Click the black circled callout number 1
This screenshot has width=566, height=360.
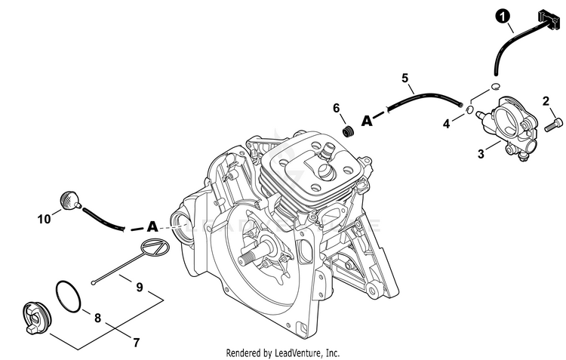503,17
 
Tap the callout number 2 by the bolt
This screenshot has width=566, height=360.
546,100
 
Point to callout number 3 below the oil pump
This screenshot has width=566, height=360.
481,154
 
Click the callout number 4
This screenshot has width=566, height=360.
447,124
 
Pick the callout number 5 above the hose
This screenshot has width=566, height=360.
405,78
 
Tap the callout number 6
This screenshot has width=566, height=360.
336,108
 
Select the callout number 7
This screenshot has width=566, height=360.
136,342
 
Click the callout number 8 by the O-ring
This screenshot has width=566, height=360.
97,318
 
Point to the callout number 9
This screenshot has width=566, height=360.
140,287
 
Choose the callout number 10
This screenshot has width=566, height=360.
44,219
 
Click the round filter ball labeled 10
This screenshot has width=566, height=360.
67,201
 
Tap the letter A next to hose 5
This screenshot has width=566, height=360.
367,121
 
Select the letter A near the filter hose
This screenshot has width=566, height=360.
152,226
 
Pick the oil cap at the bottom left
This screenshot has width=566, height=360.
37,318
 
